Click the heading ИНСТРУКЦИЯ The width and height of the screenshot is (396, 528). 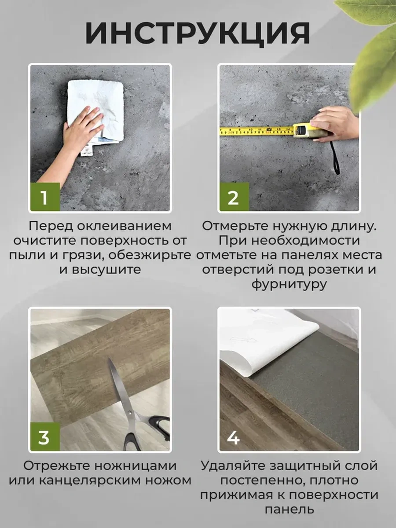click(197, 33)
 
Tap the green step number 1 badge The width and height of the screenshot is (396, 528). click(44, 198)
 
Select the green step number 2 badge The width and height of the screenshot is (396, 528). click(233, 198)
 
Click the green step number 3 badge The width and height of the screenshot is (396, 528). click(44, 437)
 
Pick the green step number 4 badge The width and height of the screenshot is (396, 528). click(233, 437)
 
